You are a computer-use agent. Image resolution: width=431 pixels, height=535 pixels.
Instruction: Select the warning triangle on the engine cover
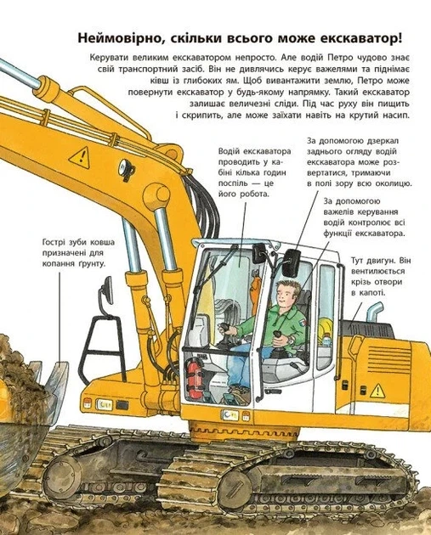pos(377,391)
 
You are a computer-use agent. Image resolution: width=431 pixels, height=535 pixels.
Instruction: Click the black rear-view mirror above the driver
pos(291,262)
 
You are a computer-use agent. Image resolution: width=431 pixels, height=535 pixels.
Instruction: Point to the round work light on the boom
pos(126,167)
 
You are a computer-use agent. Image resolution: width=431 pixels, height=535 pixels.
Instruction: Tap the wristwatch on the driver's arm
pos(291,339)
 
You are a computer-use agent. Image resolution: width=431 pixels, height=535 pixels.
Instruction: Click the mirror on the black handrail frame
pos(108,290)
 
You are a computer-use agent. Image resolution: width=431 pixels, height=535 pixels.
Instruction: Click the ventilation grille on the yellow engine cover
pos(388,358)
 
